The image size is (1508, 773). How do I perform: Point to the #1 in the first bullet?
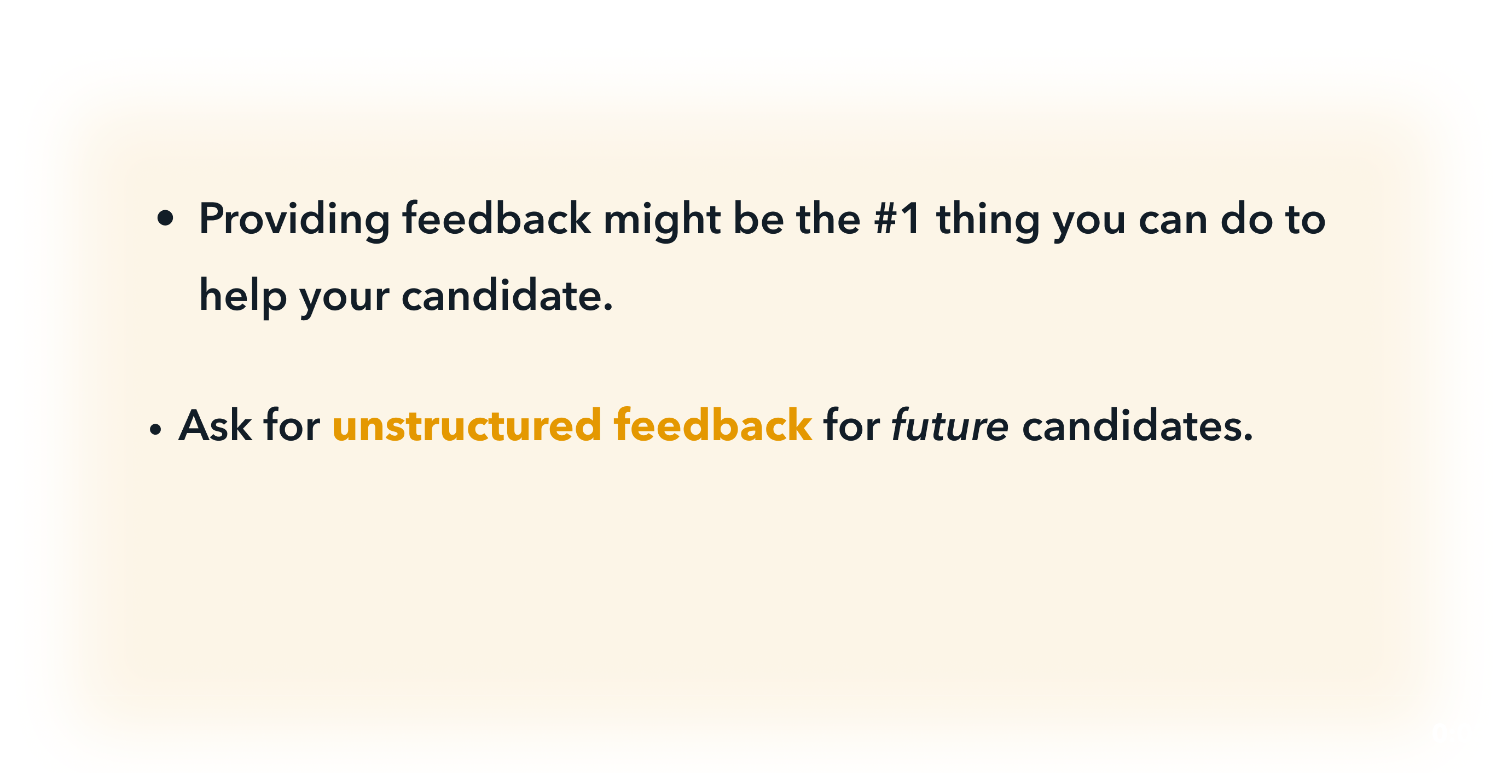897,218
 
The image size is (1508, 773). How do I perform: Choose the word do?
1246,218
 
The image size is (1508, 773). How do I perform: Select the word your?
344,301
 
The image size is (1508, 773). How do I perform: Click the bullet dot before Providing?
166,219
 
